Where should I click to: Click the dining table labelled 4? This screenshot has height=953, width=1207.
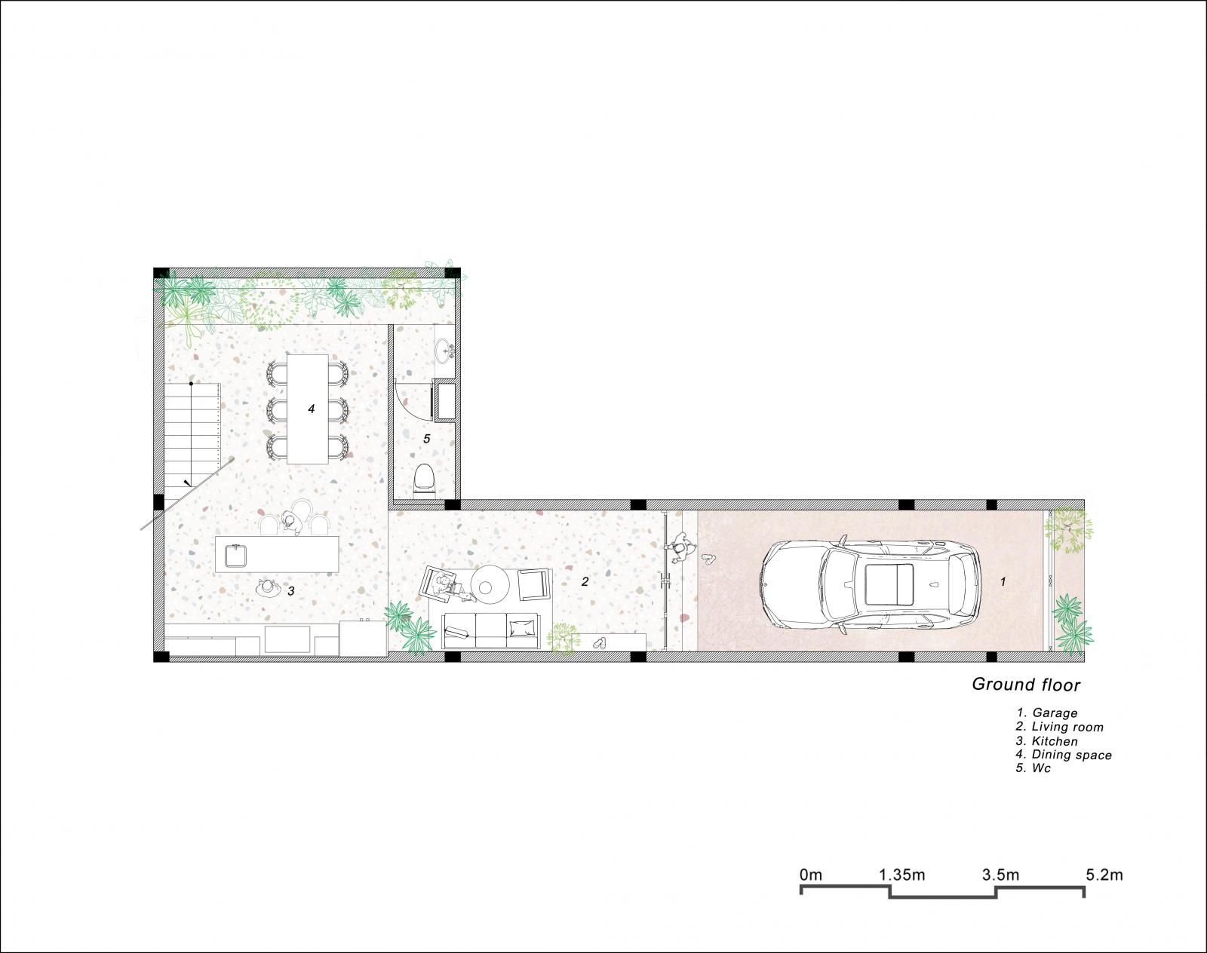click(x=308, y=409)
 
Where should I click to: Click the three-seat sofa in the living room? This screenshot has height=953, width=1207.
click(x=490, y=630)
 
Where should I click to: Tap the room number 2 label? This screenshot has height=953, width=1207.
click(x=585, y=582)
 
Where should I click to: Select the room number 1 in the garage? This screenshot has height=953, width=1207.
click(x=1003, y=582)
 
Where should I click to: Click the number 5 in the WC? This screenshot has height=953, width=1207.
click(x=427, y=438)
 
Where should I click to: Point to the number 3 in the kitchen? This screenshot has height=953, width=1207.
click(x=290, y=591)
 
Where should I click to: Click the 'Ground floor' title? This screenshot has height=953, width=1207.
click(x=1026, y=685)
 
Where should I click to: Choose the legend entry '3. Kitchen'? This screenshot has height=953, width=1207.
click(x=1046, y=741)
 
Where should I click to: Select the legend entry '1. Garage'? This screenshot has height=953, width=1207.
click(x=1046, y=713)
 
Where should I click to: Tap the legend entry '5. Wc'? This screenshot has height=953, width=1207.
click(x=1033, y=768)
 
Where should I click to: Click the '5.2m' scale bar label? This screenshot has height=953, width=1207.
click(x=1104, y=875)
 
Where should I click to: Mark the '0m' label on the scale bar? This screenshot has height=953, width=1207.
click(x=810, y=875)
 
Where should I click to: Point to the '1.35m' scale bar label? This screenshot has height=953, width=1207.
click(x=902, y=875)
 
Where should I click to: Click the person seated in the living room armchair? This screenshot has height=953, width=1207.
click(x=446, y=585)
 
